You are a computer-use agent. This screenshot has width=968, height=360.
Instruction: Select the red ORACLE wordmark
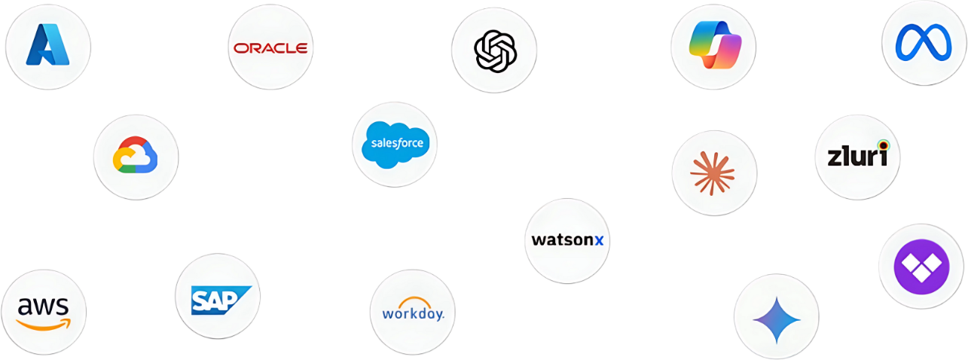click(270, 48)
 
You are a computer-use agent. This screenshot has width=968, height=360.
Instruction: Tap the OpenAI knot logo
click(494, 50)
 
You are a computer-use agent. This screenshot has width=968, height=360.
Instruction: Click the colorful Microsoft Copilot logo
click(713, 45)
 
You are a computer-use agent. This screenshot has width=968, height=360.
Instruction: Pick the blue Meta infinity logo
click(924, 42)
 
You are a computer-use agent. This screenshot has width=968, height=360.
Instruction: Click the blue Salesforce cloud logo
click(395, 144)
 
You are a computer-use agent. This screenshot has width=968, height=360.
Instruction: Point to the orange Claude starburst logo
click(713, 172)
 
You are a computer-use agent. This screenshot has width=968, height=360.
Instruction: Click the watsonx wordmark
click(567, 240)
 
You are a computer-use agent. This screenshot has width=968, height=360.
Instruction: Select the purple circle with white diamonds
click(920, 266)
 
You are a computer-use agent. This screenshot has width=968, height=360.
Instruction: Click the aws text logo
click(43, 306)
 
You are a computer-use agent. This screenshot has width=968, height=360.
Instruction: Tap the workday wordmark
click(413, 313)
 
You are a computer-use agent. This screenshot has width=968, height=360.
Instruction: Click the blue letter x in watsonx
click(599, 240)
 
